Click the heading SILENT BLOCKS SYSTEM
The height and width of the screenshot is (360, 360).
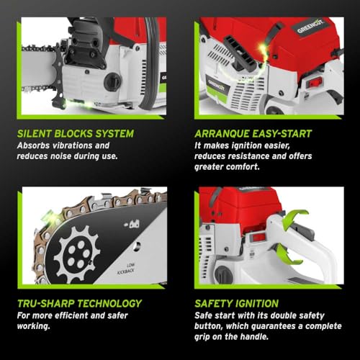pyautogui.click(x=76, y=134)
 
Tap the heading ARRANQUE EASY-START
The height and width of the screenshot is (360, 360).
pyautogui.click(x=253, y=134)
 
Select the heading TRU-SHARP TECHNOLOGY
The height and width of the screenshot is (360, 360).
pyautogui.click(x=79, y=304)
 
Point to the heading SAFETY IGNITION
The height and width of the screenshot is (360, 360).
pyautogui.click(x=237, y=304)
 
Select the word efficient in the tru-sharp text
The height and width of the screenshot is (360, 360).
pyautogui.click(x=71, y=315)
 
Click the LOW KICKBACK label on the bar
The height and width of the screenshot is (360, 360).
pyautogui.click(x=126, y=269)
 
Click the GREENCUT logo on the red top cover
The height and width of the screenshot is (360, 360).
pyautogui.click(x=310, y=27)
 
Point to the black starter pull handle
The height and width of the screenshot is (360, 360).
pyautogui.click(x=240, y=52)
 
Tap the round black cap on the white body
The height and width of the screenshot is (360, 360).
pyautogui.click(x=112, y=81)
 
